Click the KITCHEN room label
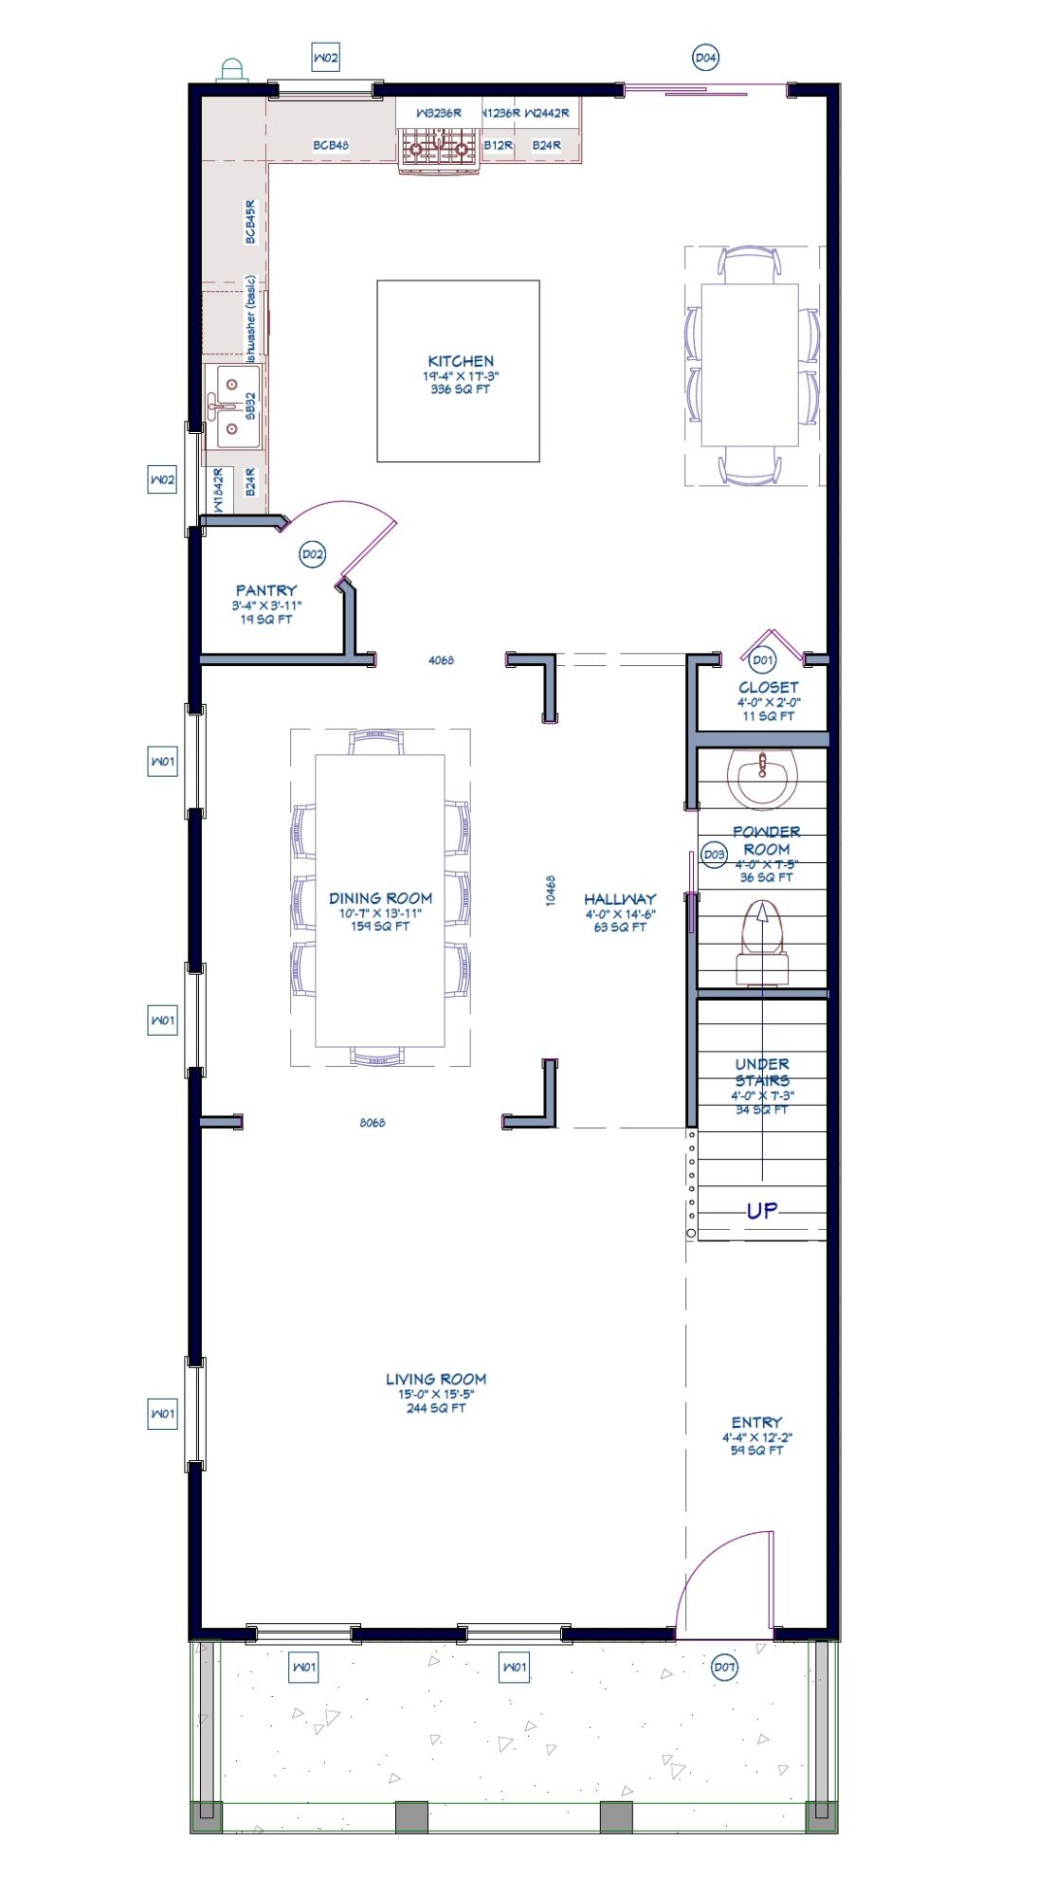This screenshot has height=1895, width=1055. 461,361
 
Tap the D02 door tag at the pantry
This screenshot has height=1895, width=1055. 312,554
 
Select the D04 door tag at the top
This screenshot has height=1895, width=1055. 705,58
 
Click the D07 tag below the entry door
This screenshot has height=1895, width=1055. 724,1667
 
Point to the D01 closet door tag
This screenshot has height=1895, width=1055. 762,660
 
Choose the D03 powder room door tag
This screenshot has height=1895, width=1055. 714,855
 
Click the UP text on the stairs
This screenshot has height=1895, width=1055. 762,1211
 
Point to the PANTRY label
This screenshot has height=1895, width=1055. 266,590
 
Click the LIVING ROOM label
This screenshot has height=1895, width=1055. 436,1380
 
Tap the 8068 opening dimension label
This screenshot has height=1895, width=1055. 373,1123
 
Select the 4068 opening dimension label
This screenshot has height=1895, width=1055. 441,660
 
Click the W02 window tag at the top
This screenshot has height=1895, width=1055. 325,58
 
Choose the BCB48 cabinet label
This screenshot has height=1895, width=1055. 332,146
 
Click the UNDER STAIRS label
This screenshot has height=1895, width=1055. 762,1072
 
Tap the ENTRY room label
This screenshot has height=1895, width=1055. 756,1422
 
